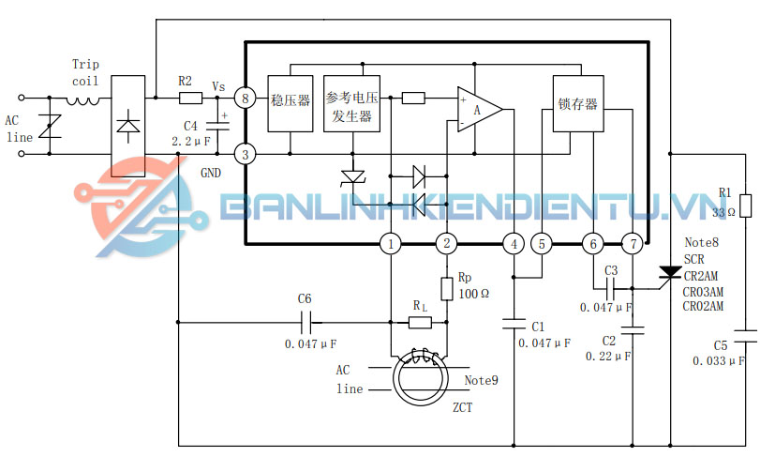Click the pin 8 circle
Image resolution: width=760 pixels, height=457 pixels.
(x=245, y=97)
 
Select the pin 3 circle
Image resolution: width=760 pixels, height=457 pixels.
(x=245, y=154)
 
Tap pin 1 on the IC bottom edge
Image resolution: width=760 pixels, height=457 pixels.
(x=391, y=245)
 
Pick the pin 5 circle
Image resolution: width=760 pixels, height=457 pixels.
(x=543, y=244)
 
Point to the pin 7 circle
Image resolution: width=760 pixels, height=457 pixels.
(x=633, y=245)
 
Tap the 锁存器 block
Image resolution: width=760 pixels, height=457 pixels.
(x=577, y=103)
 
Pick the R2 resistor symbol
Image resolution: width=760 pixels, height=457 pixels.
(x=190, y=97)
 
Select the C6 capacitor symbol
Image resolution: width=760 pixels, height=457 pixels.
(x=305, y=323)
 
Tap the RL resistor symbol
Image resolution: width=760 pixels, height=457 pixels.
(x=421, y=323)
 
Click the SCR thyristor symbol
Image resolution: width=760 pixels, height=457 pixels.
(x=670, y=273)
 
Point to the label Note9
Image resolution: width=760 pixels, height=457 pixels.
(x=482, y=380)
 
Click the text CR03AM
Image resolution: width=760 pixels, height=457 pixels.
(x=703, y=291)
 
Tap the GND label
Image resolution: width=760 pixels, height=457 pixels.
(x=212, y=174)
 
